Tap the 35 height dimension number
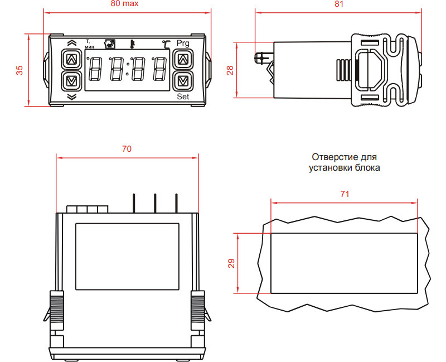(x=20, y=70)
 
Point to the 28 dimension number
(x=230, y=70)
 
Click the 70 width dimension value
(x=127, y=149)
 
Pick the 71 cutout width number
(x=345, y=194)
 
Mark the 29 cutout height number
(x=231, y=263)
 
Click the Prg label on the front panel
(x=183, y=43)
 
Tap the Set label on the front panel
(x=183, y=96)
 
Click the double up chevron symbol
(x=71, y=43)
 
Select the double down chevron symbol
(x=71, y=96)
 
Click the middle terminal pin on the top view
(x=155, y=202)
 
